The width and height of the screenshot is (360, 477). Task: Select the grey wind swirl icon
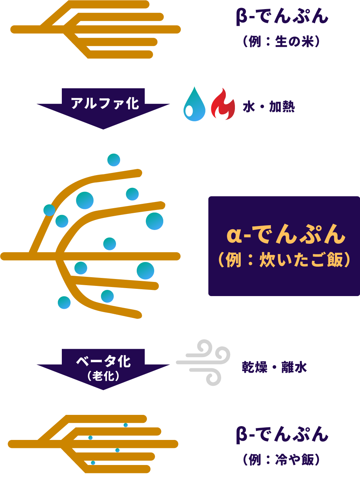pos(204,362)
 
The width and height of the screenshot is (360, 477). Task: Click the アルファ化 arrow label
pos(104,103)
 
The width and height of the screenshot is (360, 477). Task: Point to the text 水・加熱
pos(268,107)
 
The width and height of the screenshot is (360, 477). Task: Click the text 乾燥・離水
pos(274,367)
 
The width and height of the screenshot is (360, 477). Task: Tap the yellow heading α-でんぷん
pos(285,235)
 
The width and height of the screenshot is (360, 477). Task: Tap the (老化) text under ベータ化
pos(103,376)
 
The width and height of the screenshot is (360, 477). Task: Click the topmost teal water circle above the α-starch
pos(114,160)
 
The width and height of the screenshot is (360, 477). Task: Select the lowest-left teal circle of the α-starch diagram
pos(64,303)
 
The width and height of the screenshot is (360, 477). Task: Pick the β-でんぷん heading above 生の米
pos(282,17)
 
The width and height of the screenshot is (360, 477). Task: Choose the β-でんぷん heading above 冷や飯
pos(282,434)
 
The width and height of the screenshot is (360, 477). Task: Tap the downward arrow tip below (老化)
pos(103,387)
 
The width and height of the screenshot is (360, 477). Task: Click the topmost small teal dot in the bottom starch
pos(126,425)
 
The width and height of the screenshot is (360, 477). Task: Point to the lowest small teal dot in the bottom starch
pos(93,463)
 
